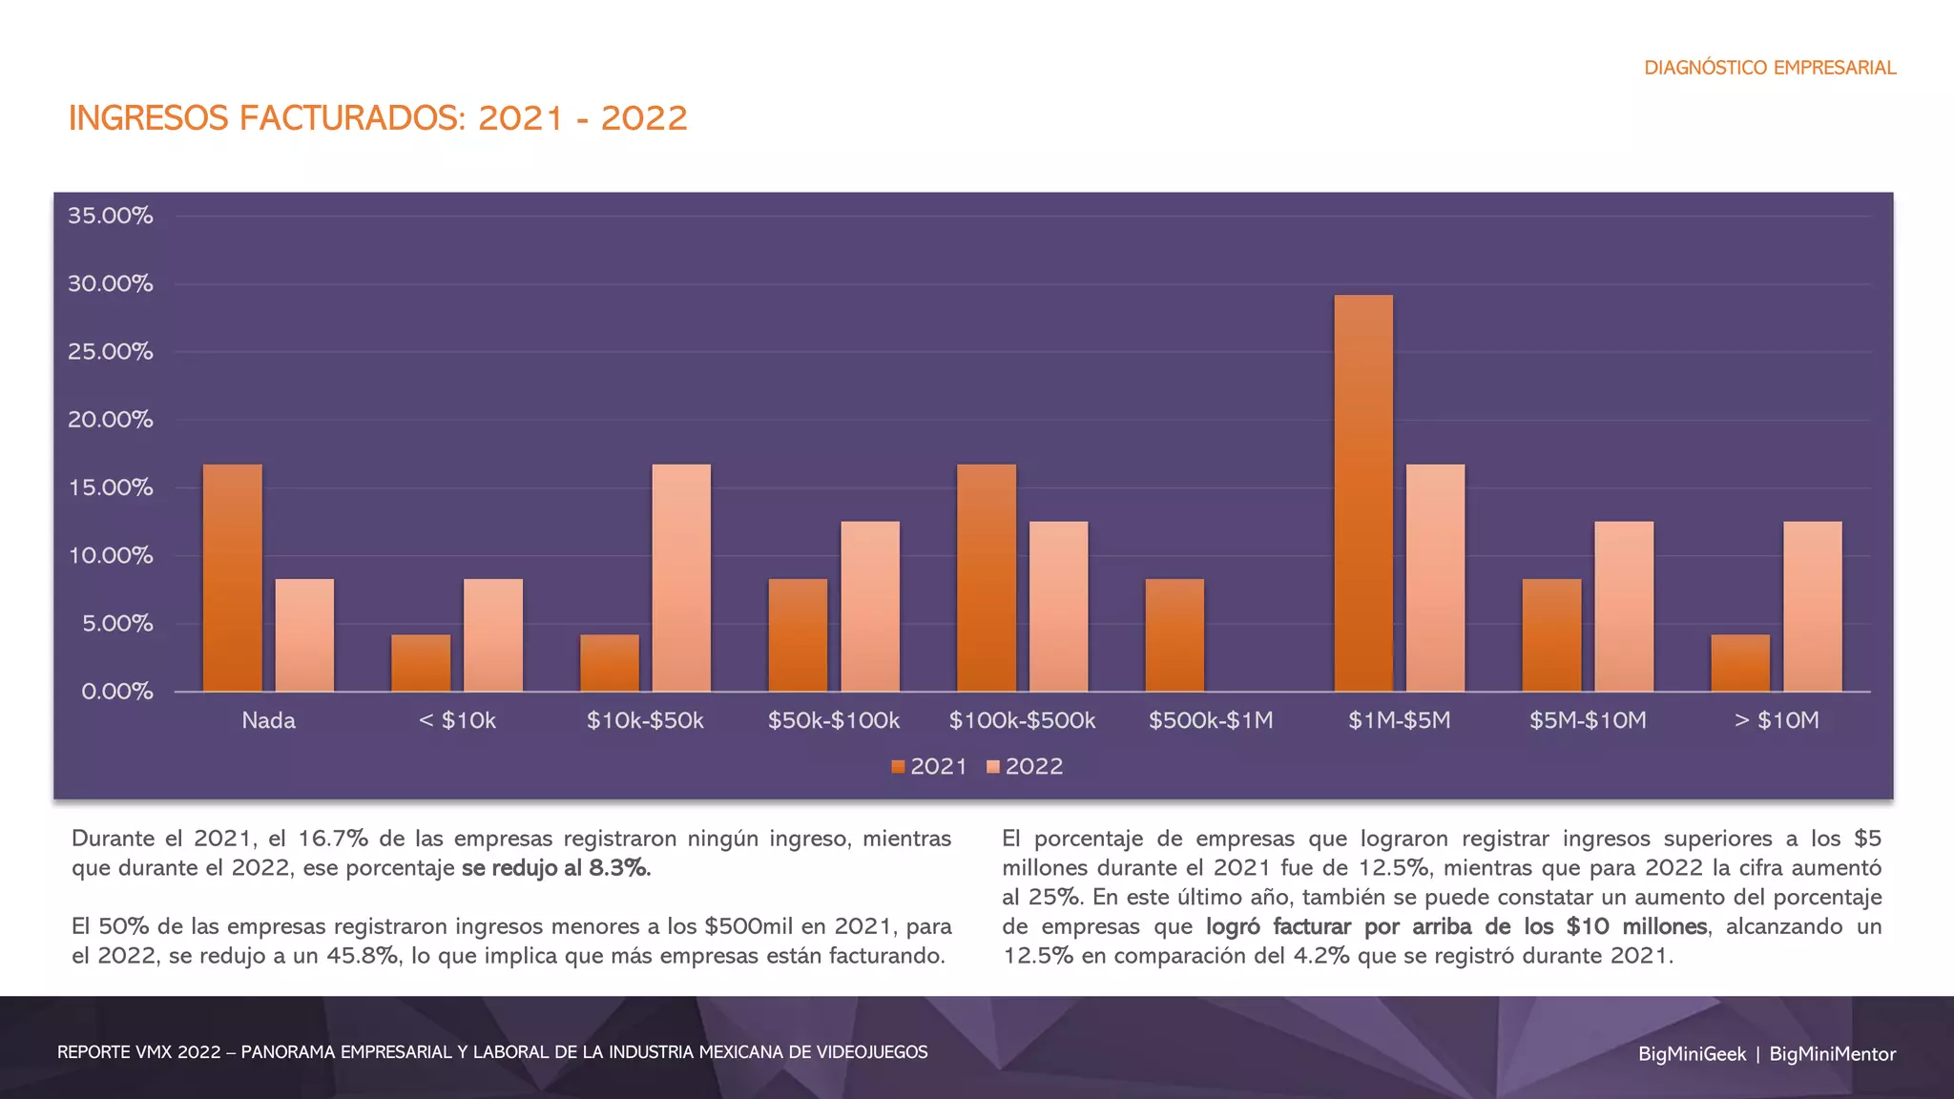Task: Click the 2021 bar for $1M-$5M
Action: pos(1363,493)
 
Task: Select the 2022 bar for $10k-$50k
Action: pos(681,578)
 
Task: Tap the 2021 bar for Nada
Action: pos(232,578)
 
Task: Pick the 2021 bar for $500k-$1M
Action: pos(1174,635)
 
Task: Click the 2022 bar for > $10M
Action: pos(1812,607)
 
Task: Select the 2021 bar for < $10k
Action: pos(421,663)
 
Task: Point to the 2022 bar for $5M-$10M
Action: pos(1624,607)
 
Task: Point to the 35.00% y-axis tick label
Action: pos(111,216)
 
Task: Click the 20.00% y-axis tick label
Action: pos(111,420)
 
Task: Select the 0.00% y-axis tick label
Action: pos(116,692)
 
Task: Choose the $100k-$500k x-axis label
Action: pos(1022,720)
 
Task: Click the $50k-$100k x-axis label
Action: pos(834,720)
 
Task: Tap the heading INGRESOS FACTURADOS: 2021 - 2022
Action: pos(378,118)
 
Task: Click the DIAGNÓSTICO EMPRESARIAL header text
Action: pos(1770,68)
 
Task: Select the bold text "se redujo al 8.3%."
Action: pos(556,868)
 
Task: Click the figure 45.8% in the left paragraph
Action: pos(363,956)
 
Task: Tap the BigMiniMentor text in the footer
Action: pos(1832,1054)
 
